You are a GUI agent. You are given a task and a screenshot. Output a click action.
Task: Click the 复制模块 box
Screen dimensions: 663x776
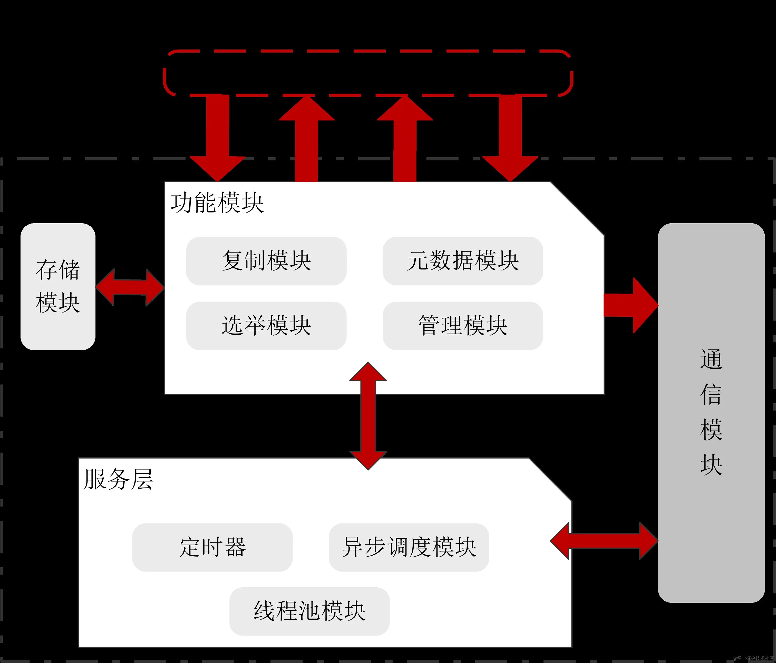click(x=266, y=261)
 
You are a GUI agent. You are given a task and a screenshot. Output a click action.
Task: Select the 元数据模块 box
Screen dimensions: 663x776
click(x=463, y=261)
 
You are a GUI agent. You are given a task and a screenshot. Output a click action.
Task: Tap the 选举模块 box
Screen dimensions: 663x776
click(x=266, y=326)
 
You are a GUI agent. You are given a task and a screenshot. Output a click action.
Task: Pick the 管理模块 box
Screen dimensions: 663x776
click(x=463, y=326)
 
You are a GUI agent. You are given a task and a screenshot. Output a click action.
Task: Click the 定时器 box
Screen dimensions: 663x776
click(x=212, y=547)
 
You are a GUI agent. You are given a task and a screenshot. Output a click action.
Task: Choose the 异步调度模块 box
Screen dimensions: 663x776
click(x=409, y=547)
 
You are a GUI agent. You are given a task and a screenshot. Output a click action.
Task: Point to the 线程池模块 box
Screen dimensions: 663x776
click(x=309, y=611)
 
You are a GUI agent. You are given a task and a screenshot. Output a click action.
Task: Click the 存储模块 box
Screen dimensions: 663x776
click(x=58, y=287)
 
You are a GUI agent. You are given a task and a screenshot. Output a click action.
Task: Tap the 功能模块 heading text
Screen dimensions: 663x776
click(x=217, y=203)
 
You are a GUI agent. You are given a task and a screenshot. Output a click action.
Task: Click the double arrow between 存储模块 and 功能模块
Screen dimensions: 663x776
click(x=130, y=287)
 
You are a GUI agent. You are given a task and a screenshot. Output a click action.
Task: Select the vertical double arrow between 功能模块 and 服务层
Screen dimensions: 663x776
click(x=368, y=416)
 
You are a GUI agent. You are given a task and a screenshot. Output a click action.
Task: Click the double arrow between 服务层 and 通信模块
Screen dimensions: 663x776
click(x=604, y=541)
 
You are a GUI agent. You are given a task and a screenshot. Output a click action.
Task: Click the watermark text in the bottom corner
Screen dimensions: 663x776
click(x=753, y=658)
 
